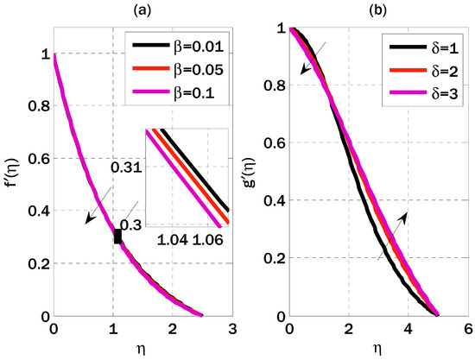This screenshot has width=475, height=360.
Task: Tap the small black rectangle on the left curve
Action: coord(117,236)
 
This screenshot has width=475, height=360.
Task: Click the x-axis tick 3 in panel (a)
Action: coord(231,329)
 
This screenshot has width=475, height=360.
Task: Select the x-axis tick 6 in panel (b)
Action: coord(467,329)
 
